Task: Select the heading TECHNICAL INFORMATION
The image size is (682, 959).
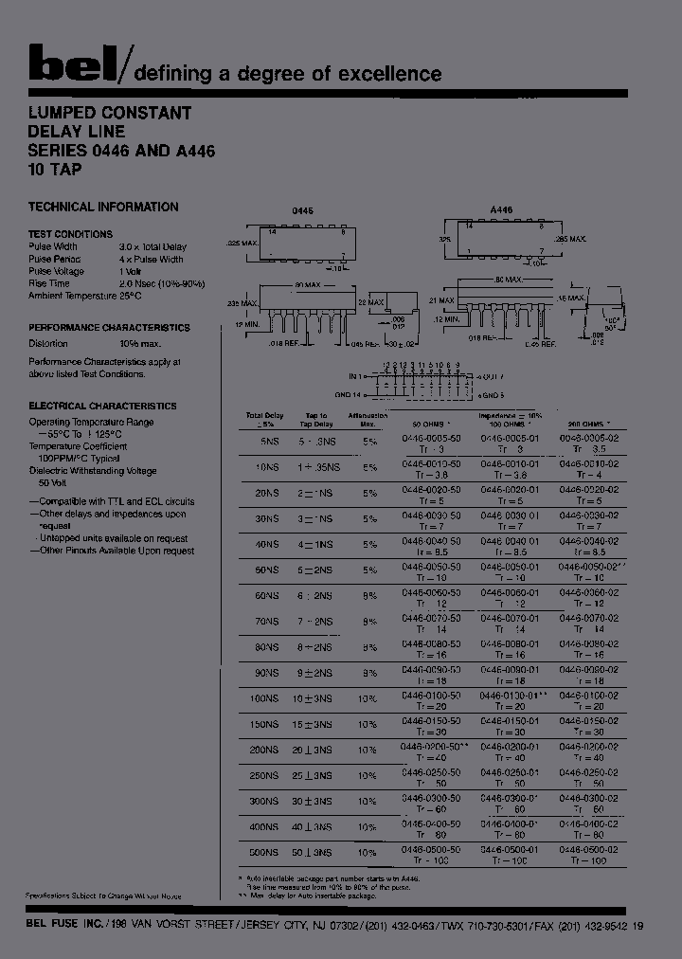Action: [103, 207]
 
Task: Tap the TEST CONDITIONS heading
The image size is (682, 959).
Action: [70, 234]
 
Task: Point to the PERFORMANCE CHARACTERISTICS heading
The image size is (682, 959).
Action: [109, 328]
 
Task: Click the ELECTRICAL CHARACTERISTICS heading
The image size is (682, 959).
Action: [102, 406]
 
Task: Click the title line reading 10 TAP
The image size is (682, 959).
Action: [55, 171]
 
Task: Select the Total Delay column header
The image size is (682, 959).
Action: [265, 419]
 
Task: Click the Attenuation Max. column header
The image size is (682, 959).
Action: [368, 419]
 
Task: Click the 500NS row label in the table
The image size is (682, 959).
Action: [264, 852]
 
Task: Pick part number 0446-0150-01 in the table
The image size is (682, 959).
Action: [510, 721]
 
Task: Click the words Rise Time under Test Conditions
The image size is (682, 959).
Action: [49, 283]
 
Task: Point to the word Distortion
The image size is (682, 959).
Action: [48, 344]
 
